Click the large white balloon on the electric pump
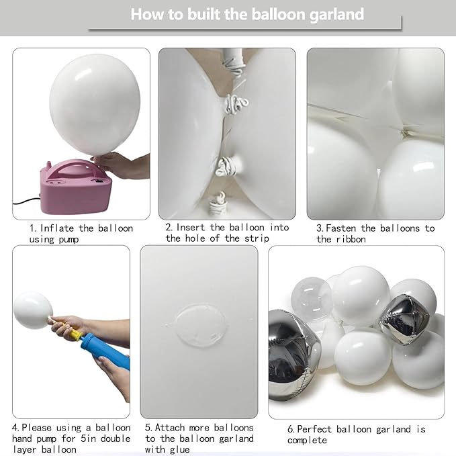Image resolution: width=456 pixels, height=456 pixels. coord(94,107)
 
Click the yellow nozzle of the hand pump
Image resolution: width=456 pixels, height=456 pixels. coord(75,334)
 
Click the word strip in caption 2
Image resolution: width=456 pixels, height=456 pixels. coord(258,238)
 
